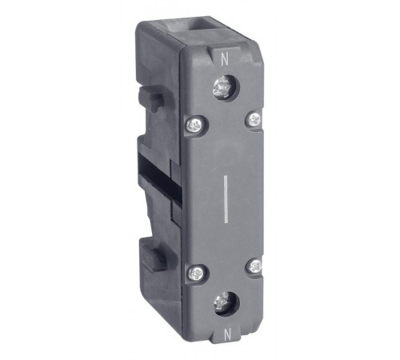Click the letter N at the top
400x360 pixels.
click(x=224, y=58)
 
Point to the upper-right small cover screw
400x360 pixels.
click(x=253, y=118)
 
